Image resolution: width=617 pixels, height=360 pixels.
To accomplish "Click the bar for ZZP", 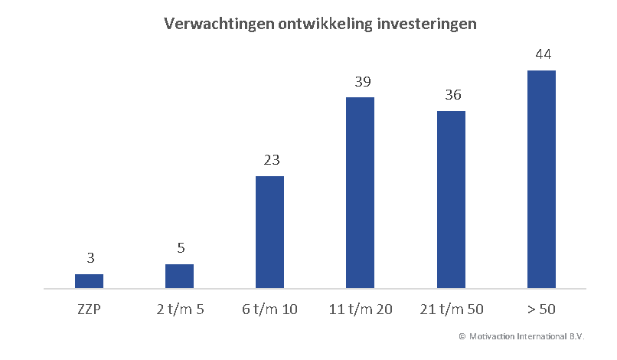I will (89, 281).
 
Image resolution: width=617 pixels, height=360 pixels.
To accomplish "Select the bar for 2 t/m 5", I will (179, 277).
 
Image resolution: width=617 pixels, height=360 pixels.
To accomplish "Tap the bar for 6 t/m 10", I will (269, 232).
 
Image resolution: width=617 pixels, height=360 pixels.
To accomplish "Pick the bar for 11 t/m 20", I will (360, 193).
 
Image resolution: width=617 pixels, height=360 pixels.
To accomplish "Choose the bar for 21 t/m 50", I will (451, 200).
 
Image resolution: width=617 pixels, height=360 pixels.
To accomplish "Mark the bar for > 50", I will (541, 179).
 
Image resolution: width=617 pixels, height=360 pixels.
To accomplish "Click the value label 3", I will (89, 258).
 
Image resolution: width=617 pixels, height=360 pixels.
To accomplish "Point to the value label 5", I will (181, 248).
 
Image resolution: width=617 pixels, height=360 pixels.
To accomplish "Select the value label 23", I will (270, 160).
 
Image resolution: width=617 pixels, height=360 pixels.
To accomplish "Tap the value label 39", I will (361, 81).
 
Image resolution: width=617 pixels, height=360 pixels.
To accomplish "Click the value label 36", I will (452, 95).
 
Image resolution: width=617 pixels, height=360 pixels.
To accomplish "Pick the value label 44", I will (543, 54).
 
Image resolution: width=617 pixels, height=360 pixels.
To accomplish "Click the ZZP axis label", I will (89, 309).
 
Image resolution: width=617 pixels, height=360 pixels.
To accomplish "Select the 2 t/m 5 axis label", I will (179, 309).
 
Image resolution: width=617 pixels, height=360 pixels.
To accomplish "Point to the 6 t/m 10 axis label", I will (269, 309).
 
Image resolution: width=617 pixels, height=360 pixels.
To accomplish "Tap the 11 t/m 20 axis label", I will (360, 309).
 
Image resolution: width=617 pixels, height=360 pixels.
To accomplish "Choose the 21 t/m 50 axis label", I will (451, 309).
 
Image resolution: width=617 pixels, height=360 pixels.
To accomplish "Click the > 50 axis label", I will (542, 309).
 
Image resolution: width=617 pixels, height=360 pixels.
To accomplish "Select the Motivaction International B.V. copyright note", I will (521, 336).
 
